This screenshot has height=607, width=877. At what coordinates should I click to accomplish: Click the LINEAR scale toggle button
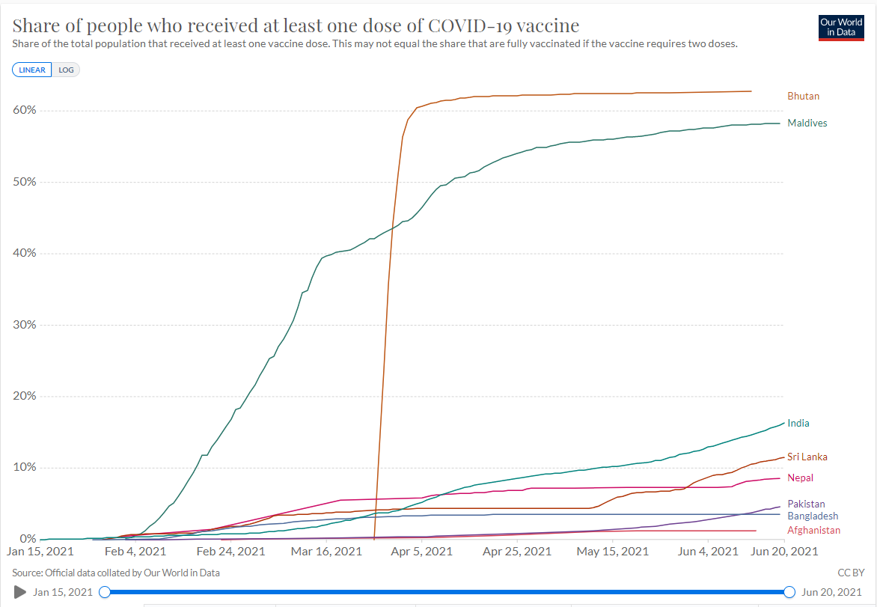(x=32, y=70)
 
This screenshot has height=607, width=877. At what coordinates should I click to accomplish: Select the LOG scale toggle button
(x=66, y=70)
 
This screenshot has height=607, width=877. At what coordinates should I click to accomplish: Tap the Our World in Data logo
(x=841, y=28)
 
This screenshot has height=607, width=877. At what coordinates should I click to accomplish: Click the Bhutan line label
(x=803, y=97)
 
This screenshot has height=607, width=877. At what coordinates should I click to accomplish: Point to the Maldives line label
(x=807, y=123)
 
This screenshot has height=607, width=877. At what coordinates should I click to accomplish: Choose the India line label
(x=798, y=424)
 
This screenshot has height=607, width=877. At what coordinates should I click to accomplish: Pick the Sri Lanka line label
(x=807, y=457)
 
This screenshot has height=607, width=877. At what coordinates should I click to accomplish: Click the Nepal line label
(x=801, y=478)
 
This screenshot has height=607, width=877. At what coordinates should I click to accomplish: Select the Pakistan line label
(x=806, y=504)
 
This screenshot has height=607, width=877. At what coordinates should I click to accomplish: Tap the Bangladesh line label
(x=813, y=516)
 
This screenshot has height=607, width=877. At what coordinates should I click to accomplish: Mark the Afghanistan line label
(x=814, y=531)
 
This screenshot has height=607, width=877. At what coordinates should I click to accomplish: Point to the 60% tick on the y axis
(x=25, y=110)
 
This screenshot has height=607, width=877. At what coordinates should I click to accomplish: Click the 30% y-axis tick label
(x=25, y=325)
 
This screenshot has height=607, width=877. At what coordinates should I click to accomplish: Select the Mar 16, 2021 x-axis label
(x=327, y=552)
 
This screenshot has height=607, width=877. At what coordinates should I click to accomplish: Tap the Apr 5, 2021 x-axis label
(x=422, y=552)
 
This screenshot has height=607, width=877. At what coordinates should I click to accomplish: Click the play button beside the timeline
(x=20, y=592)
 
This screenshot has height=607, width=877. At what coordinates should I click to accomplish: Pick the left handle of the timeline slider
(x=105, y=592)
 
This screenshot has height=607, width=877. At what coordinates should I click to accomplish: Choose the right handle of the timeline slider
(x=789, y=592)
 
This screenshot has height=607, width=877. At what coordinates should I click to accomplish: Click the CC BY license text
(x=851, y=573)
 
